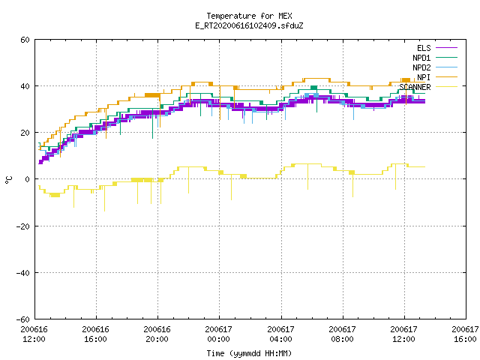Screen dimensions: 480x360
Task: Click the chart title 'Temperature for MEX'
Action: (x=249, y=16)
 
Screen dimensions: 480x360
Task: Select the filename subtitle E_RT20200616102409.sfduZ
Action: (x=249, y=25)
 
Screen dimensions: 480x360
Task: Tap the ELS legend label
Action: (x=424, y=48)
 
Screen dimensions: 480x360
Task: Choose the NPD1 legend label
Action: (x=421, y=58)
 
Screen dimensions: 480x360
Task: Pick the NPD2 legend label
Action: (x=421, y=67)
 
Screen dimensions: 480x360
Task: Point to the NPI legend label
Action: (x=424, y=77)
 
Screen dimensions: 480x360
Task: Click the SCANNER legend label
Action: (x=415, y=87)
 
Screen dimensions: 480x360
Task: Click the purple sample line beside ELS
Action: (x=446, y=48)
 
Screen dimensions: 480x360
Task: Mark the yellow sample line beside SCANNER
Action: (x=446, y=87)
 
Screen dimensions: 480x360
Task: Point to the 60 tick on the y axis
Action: (x=25, y=40)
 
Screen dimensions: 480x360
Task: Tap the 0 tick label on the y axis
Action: (x=28, y=179)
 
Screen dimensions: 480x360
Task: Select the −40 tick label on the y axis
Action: (x=23, y=272)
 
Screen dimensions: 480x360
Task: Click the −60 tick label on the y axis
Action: (x=23, y=319)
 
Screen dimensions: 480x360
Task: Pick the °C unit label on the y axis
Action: (x=8, y=180)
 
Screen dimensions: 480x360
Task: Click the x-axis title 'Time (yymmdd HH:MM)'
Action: (x=249, y=353)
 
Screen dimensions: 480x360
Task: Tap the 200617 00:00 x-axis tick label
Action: (x=218, y=334)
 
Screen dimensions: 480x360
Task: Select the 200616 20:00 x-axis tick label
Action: (x=157, y=334)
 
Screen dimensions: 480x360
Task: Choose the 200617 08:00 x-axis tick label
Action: (x=342, y=334)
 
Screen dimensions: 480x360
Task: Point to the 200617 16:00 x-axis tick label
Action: (x=465, y=334)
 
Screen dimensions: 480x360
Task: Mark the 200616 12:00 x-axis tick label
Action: (x=34, y=334)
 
